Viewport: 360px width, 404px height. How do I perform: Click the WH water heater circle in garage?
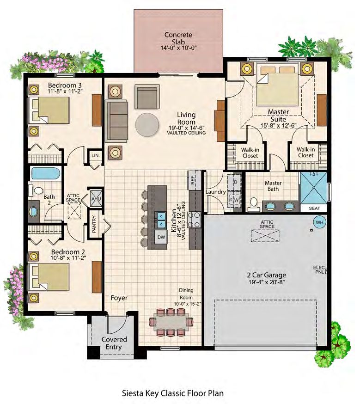tap(320, 222)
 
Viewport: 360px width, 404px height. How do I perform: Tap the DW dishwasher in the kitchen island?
tap(161, 237)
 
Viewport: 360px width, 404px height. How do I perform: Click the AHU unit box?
tap(96, 199)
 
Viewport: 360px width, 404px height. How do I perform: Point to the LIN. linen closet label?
tap(96, 156)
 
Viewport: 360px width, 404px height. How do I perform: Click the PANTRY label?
tap(94, 224)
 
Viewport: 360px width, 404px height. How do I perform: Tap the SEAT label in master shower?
tap(314, 208)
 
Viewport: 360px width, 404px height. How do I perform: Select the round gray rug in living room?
tap(147, 125)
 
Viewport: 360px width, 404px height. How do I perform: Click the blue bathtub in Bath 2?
tap(46, 174)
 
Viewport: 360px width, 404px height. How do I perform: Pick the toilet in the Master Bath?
tap(254, 202)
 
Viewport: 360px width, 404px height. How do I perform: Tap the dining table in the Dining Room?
tap(171, 322)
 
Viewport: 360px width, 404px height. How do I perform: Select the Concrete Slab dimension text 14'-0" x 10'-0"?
tap(178, 48)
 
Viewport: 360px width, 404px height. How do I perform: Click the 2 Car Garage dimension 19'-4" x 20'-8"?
tap(267, 282)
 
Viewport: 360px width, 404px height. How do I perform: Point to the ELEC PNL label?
tap(319, 269)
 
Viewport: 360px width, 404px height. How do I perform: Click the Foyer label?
tap(119, 298)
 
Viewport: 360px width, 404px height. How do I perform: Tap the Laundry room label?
tap(215, 192)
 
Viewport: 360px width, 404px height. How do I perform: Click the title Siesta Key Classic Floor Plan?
tap(173, 393)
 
